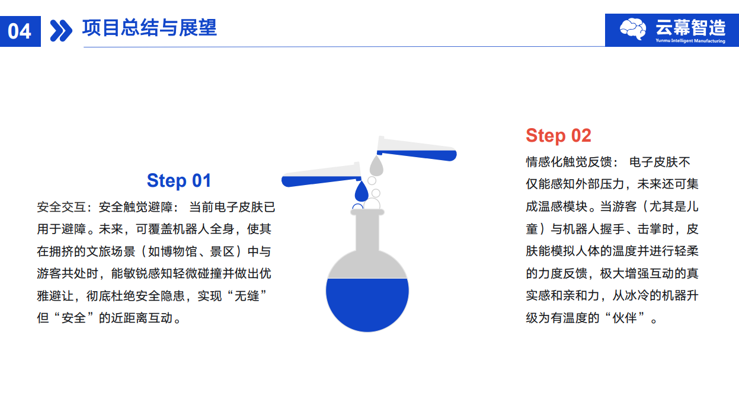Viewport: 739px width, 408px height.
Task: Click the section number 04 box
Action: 20,31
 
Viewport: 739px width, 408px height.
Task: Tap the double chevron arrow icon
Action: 61,31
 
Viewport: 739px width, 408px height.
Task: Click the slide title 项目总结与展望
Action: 149,28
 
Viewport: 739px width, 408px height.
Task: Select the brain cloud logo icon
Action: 633,29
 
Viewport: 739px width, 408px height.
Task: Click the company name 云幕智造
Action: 690,27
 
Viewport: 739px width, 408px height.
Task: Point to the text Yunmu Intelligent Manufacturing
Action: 690,41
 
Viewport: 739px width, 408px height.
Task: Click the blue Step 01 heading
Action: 179,180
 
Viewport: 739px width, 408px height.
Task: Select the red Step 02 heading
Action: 558,136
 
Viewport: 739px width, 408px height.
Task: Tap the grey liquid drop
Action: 376,165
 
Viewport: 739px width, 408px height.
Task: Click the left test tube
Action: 321,176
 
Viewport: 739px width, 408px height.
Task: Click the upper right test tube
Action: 417,149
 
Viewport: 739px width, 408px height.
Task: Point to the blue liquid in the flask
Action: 367,304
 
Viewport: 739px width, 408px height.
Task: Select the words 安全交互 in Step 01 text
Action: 62,207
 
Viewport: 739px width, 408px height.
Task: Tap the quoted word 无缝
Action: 247,296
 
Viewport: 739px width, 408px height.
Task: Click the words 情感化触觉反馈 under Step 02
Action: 569,162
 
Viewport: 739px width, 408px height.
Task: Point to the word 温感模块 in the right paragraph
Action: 563,206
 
